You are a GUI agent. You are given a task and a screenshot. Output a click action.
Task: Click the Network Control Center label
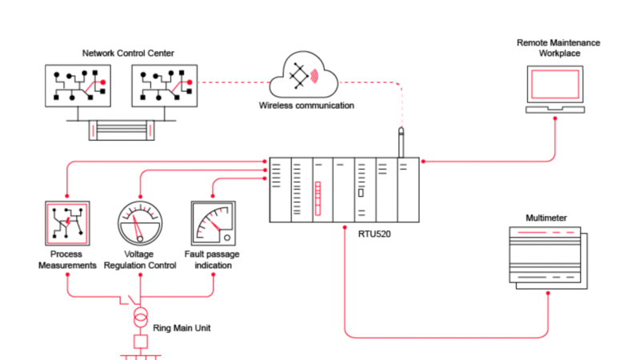[x=128, y=54]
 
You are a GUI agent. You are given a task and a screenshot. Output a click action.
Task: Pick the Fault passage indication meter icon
[x=213, y=224]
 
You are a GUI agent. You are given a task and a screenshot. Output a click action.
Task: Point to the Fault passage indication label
[x=213, y=260]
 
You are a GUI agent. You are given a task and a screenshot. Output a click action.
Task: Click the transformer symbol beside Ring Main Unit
[x=140, y=314]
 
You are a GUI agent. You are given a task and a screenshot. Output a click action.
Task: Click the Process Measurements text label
[x=67, y=260]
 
